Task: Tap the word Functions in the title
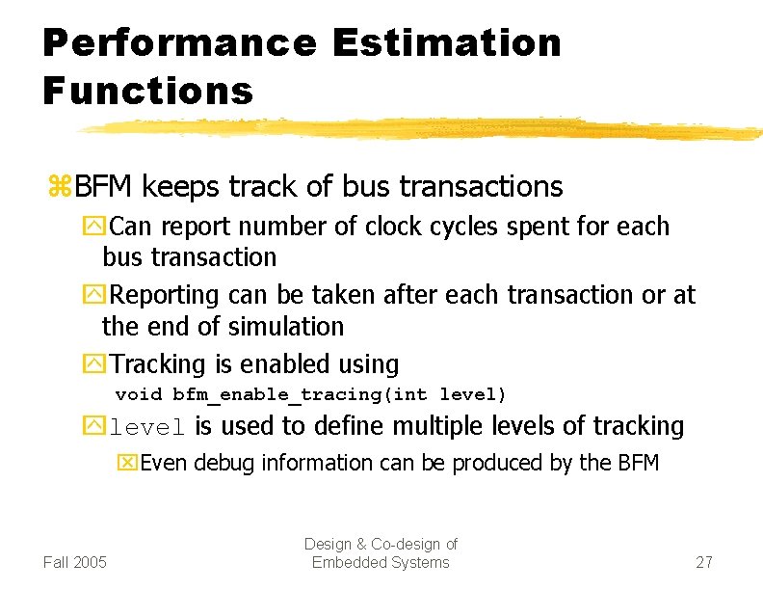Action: (147, 92)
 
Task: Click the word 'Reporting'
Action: (170, 295)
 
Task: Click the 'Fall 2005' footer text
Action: (75, 562)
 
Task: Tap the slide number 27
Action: (704, 562)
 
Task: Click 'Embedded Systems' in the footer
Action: (381, 562)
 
